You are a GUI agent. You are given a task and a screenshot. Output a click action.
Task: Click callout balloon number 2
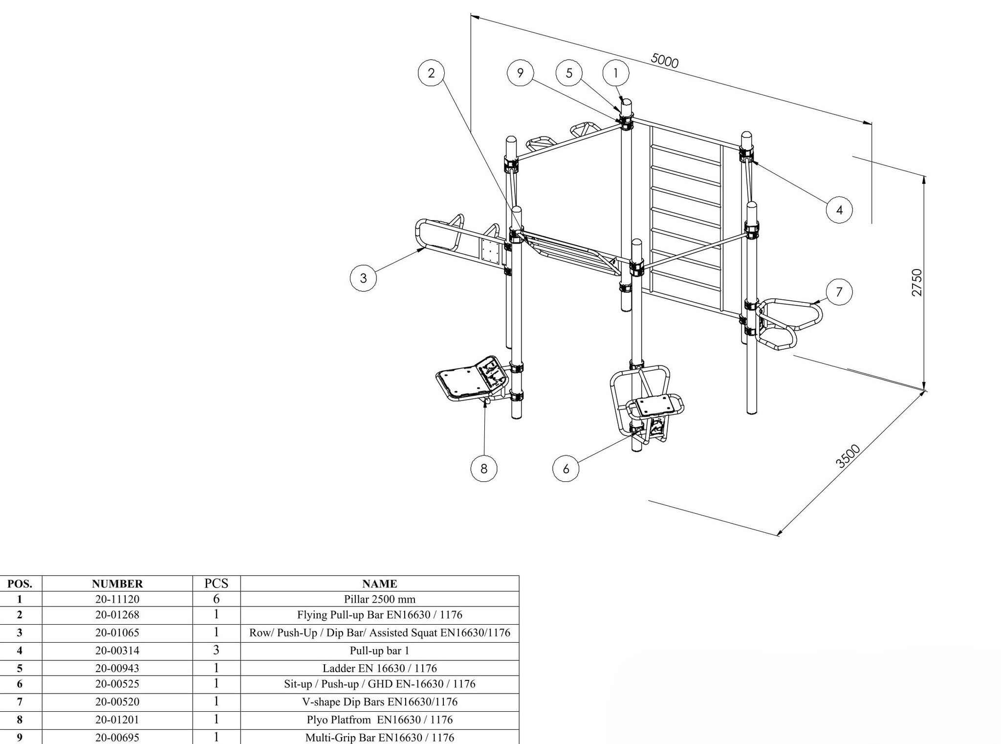[431, 73]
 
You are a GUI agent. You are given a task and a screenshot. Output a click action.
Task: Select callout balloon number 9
[520, 73]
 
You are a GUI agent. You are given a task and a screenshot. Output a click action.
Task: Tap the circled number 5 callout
[569, 73]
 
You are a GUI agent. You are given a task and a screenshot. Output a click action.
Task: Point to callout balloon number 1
[615, 73]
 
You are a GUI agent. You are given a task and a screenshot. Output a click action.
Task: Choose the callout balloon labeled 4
[839, 210]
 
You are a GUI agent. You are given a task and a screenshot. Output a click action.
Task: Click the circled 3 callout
[363, 278]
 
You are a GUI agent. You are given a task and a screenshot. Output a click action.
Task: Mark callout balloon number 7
[839, 292]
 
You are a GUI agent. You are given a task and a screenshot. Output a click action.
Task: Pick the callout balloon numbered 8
[484, 469]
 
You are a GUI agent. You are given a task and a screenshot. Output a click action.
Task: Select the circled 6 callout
[566, 469]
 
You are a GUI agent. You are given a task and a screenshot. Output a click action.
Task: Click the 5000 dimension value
[665, 61]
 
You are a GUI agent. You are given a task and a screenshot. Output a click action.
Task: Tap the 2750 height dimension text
[917, 282]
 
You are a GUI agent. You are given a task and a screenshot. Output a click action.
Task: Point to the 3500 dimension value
[848, 456]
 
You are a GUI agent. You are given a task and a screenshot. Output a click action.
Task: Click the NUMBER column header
[117, 584]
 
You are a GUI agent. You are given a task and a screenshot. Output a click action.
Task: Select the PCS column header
[217, 583]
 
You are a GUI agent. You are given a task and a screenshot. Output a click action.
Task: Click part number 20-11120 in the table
[117, 599]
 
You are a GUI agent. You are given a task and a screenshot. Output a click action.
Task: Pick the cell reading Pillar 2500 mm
[380, 599]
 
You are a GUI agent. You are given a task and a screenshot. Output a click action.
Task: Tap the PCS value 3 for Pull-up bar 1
[217, 650]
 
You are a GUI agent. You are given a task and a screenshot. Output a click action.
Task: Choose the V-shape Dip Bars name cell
[380, 701]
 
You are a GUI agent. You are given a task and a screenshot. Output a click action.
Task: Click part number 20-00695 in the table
[117, 737]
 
